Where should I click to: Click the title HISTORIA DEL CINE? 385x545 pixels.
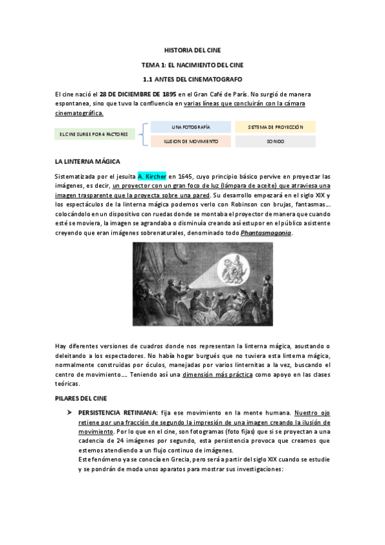point(192,50)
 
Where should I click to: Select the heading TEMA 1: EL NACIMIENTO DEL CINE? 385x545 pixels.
point(192,65)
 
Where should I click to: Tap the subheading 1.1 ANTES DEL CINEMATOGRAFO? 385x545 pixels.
point(192,79)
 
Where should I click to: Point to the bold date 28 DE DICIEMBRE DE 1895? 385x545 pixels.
point(134,94)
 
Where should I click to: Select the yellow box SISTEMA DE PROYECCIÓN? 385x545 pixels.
point(275,127)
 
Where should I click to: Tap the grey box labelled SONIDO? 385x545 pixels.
point(275,141)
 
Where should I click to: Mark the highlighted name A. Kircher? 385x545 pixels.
point(152,175)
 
